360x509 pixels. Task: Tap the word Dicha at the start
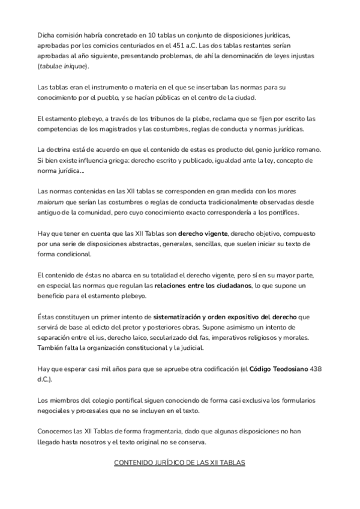click(46, 35)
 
